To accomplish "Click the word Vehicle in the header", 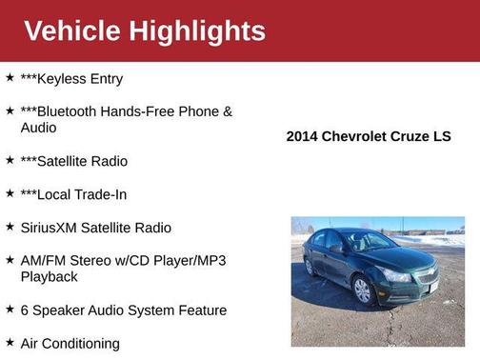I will [x=71, y=30].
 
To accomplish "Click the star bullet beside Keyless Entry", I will [x=10, y=77].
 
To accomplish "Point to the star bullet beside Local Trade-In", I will [x=10, y=193].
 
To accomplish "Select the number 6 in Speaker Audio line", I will [x=25, y=310].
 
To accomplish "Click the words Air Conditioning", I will [x=70, y=343].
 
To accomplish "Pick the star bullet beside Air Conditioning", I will [x=10, y=342].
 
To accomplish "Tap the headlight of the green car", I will [x=394, y=275].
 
